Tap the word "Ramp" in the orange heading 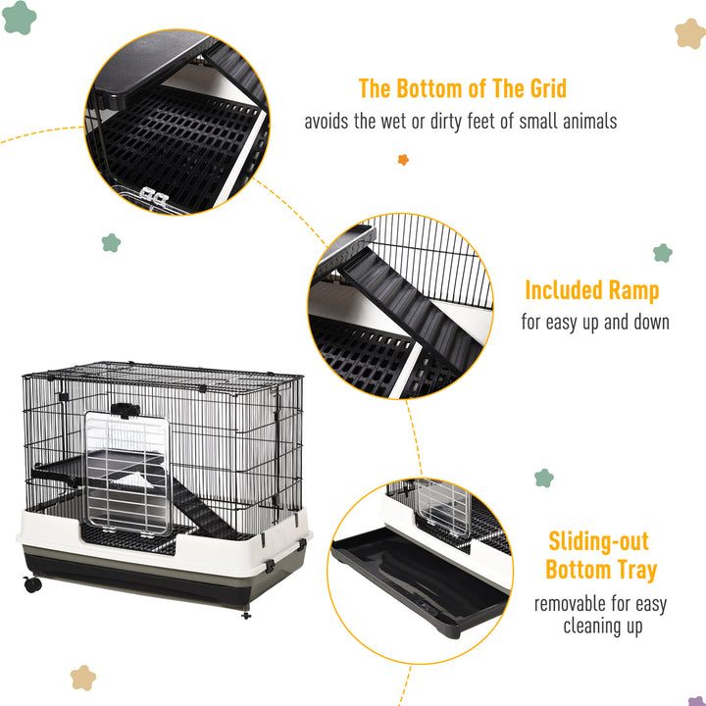(631, 290)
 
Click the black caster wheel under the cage (32, 584)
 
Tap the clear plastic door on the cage (125, 477)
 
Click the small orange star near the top (403, 159)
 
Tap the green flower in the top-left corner (19, 18)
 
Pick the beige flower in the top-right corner (690, 33)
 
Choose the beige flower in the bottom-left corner (83, 678)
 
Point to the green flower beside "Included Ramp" (663, 253)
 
